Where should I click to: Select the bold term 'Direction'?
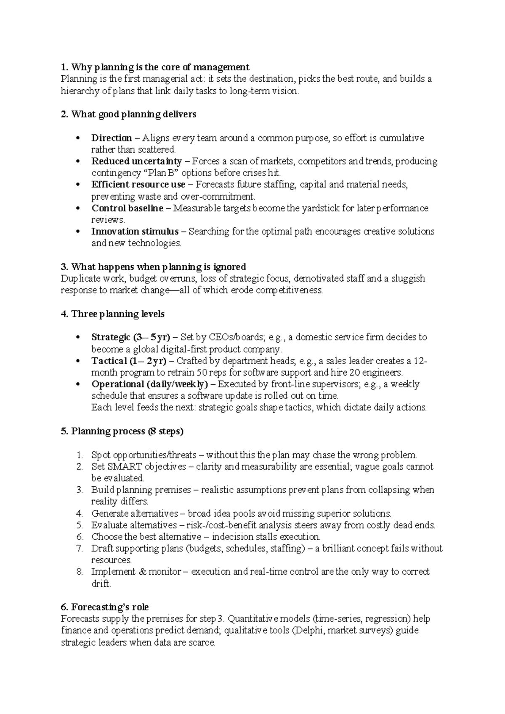click(112, 138)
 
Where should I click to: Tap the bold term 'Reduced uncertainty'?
click(136, 161)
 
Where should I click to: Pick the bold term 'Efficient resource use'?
click(138, 184)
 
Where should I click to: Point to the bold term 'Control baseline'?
click(127, 208)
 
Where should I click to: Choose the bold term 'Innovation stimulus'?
click(135, 232)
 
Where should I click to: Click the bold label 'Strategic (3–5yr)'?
click(130, 337)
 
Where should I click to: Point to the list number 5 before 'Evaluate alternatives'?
click(80, 525)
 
